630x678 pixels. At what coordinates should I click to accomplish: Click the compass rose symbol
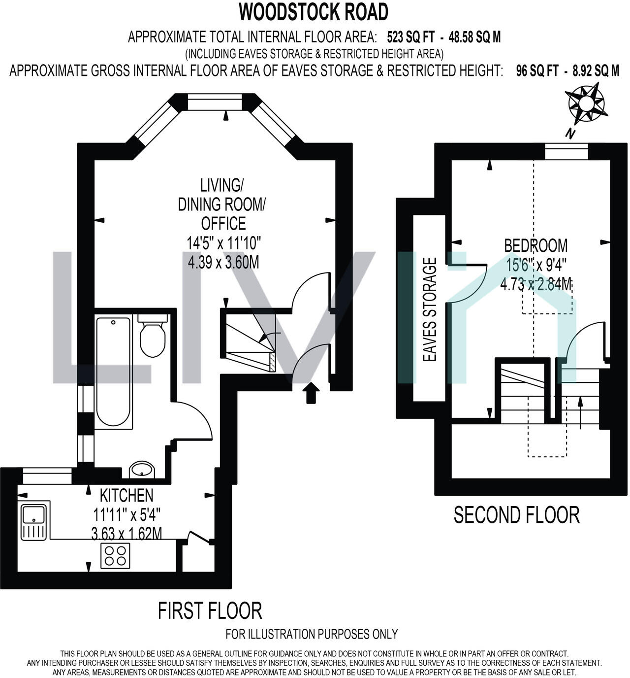(x=586, y=103)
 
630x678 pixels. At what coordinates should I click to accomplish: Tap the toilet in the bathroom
(x=153, y=336)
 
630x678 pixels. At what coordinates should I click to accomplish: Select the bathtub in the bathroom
(x=113, y=372)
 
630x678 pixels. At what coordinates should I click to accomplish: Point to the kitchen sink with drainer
(x=34, y=520)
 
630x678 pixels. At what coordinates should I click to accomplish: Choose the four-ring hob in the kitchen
(x=115, y=556)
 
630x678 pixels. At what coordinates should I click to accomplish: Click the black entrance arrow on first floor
(x=311, y=393)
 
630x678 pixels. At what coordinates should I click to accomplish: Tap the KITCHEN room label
(x=126, y=495)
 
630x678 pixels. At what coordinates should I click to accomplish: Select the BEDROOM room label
(x=536, y=245)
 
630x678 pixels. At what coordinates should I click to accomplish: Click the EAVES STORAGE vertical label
(x=430, y=309)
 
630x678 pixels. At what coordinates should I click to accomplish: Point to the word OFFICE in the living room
(x=223, y=224)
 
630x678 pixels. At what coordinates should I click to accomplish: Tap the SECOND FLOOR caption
(x=517, y=515)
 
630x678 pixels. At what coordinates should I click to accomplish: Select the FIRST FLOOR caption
(x=210, y=611)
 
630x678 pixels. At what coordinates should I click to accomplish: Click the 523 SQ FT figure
(x=410, y=37)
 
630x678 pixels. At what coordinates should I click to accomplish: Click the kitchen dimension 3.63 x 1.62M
(x=126, y=534)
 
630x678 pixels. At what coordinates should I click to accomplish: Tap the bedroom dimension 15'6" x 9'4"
(x=536, y=265)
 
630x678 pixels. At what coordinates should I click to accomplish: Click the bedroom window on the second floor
(x=567, y=151)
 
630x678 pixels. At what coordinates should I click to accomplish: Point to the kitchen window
(x=47, y=476)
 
